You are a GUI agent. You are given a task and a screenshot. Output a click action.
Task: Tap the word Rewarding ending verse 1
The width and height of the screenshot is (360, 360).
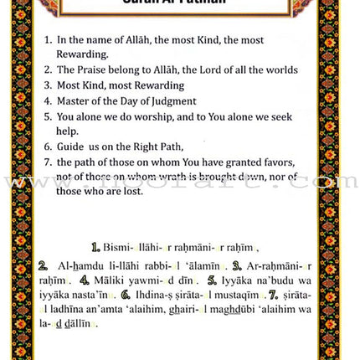(x=83, y=55)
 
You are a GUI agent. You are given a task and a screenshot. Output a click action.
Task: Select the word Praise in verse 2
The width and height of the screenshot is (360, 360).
(x=94, y=71)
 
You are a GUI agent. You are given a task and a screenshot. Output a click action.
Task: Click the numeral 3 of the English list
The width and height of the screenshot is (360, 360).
(x=49, y=86)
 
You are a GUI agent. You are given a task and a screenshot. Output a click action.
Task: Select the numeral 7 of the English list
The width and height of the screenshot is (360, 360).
(x=49, y=162)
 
